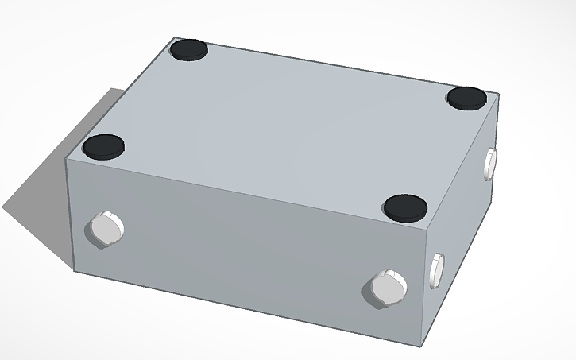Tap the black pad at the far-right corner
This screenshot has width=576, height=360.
point(466,97)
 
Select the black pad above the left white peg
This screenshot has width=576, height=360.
point(104,146)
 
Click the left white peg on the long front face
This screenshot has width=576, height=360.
point(105,229)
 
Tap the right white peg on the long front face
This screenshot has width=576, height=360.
point(387,287)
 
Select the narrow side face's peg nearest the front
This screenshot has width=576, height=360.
point(436,269)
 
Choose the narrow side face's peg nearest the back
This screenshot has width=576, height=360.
point(490,162)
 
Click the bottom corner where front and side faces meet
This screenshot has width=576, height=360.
point(420,347)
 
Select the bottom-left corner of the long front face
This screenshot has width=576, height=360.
point(75,271)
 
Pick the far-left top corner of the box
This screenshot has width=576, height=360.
point(173,37)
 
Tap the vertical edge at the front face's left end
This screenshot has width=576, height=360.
point(72,215)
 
